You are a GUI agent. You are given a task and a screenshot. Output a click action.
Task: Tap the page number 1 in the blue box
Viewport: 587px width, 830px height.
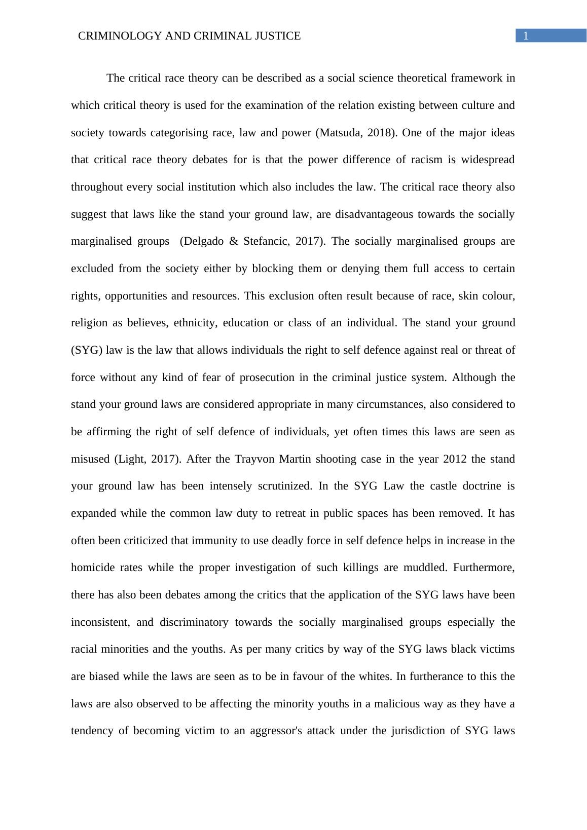(526, 36)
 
